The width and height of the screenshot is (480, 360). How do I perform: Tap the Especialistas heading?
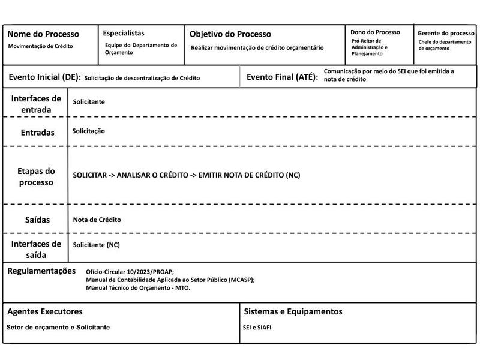(x=124, y=34)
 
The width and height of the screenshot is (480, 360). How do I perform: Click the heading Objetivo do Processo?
(x=230, y=34)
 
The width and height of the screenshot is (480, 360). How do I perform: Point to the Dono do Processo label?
(x=375, y=32)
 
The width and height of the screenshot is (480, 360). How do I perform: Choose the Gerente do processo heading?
(x=446, y=33)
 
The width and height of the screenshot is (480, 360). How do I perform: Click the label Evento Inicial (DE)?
(x=44, y=77)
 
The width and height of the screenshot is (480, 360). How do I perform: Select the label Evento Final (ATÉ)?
(x=282, y=77)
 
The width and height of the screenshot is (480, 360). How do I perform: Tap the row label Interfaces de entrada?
(x=36, y=104)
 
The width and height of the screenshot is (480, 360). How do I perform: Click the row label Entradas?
(x=37, y=132)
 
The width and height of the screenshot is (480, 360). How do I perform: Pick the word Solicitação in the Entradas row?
(x=89, y=131)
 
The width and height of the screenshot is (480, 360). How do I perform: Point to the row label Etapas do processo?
(x=36, y=176)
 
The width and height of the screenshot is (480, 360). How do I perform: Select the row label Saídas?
(x=37, y=220)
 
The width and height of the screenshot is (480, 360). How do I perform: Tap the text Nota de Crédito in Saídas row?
(x=97, y=220)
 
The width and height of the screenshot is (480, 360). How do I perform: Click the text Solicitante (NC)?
(x=96, y=245)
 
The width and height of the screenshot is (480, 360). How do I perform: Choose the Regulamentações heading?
(x=41, y=271)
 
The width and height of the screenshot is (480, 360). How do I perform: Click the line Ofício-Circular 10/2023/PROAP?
(x=130, y=272)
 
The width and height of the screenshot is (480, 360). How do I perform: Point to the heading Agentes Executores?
(x=45, y=311)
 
